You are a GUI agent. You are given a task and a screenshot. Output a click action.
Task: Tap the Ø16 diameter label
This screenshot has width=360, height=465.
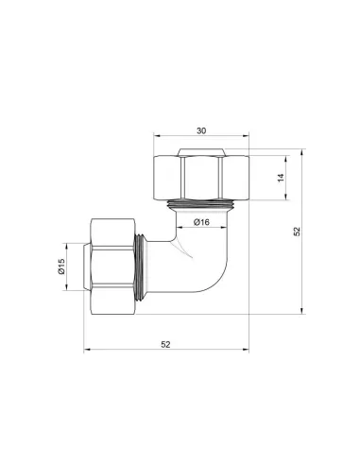point(200,223)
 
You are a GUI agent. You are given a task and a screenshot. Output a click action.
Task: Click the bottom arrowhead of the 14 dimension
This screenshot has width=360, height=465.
point(283,199)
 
